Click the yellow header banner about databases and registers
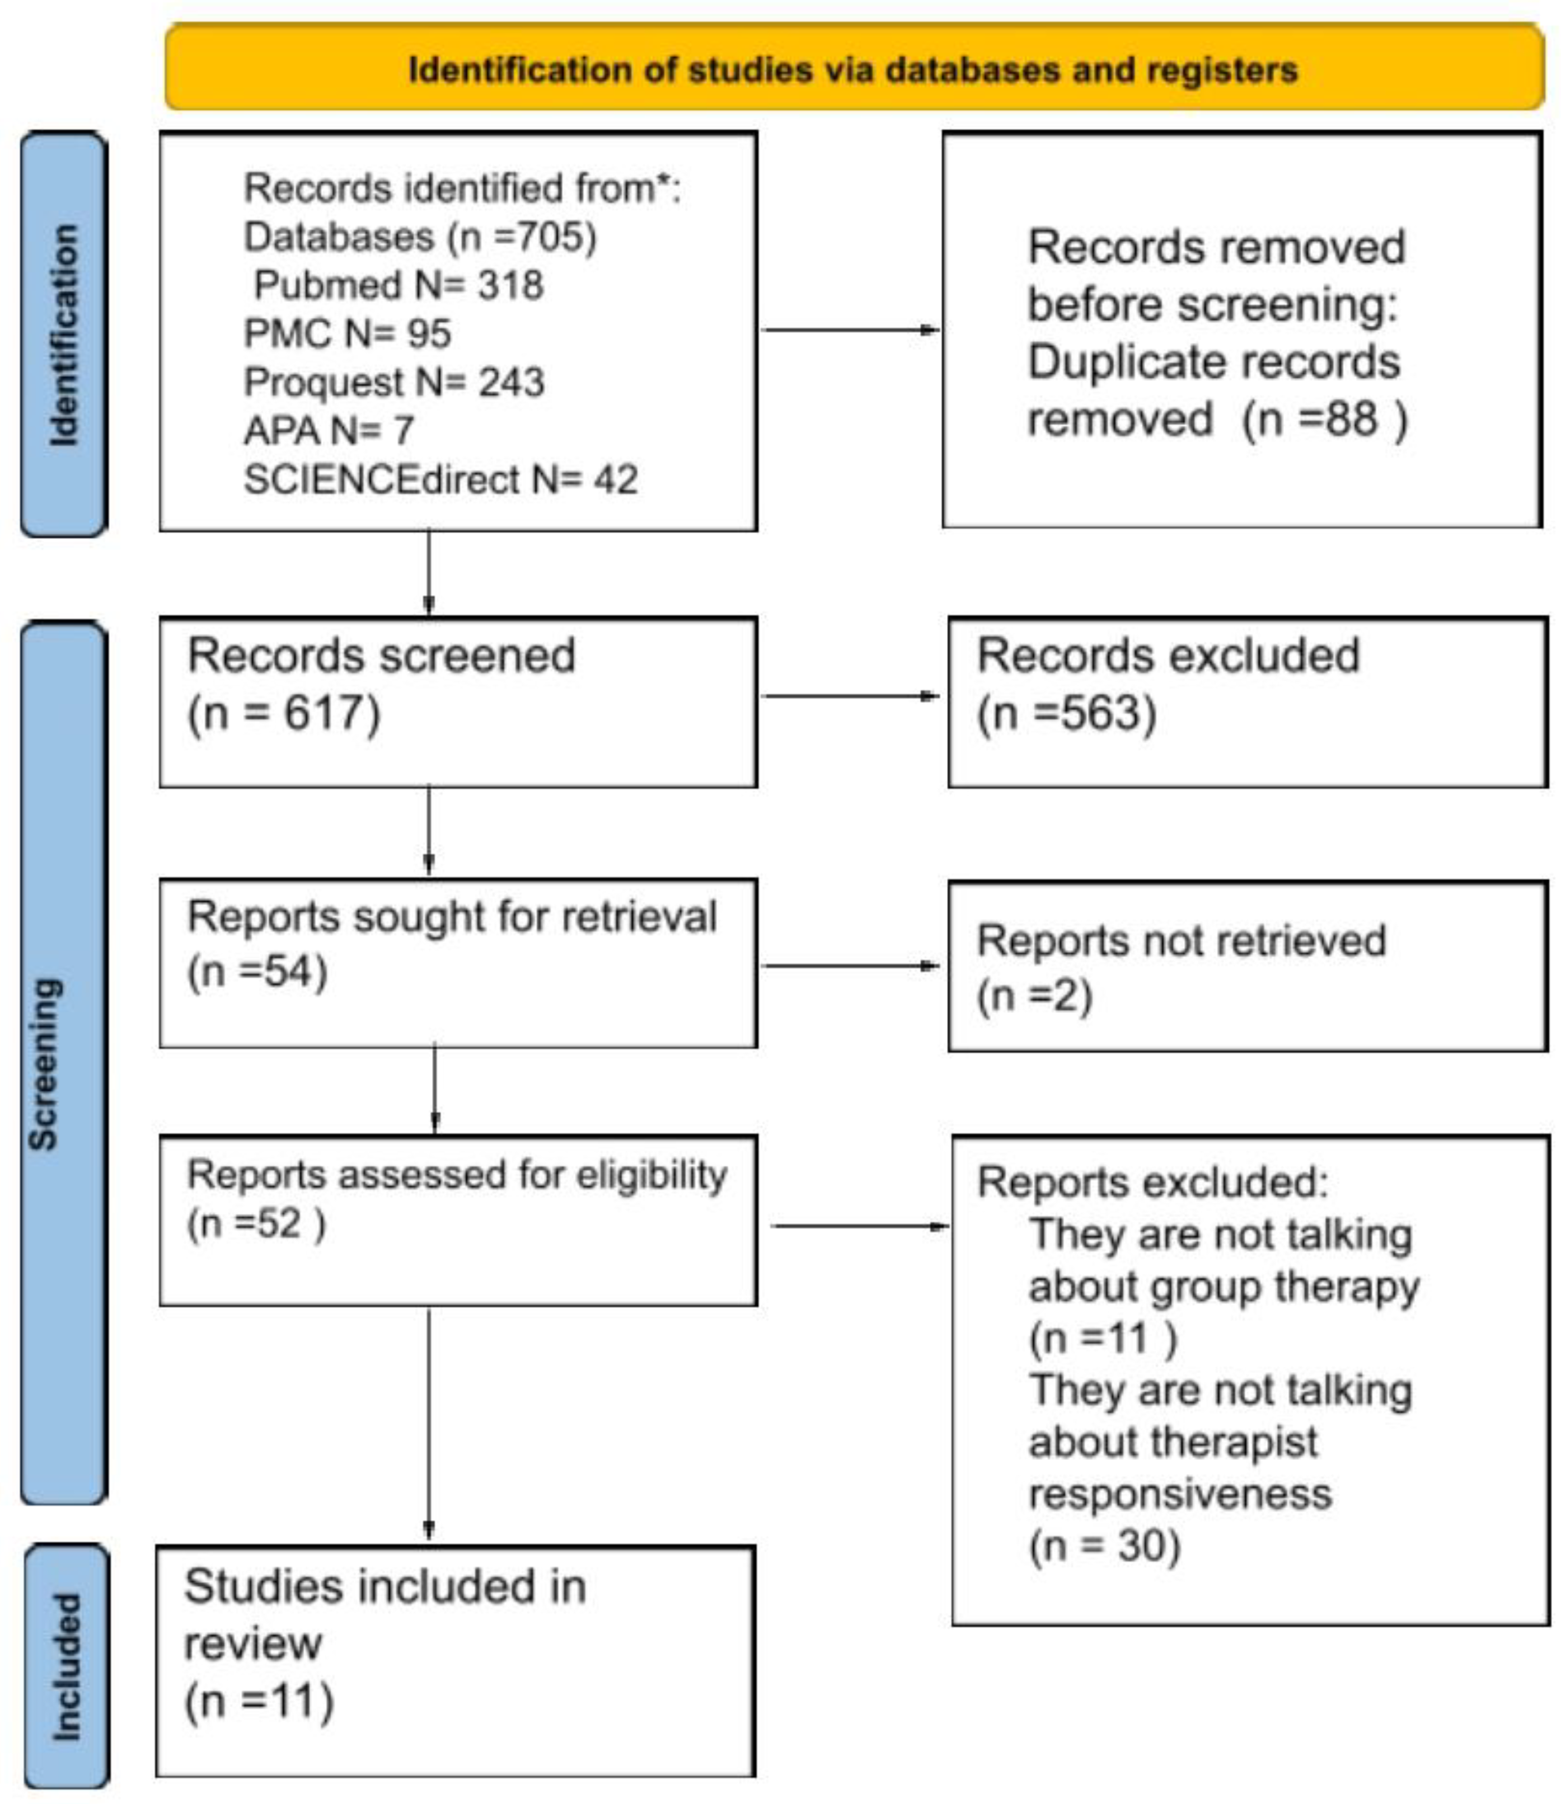point(854,68)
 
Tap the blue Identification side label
point(64,335)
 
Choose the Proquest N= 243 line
point(393,382)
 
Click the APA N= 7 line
point(329,431)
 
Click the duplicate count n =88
point(1324,420)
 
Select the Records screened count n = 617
point(284,714)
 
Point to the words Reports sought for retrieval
point(451,917)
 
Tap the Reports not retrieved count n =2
point(1034,995)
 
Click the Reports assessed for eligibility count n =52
point(256,1223)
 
